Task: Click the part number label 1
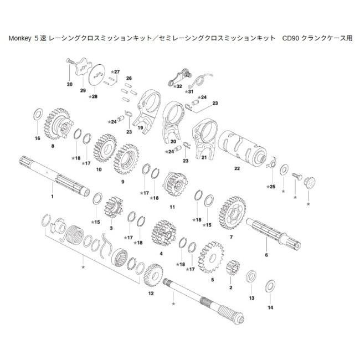pyautogui.click(x=52, y=197)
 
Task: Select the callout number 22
pyautogui.click(x=237, y=168)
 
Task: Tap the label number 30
pyautogui.click(x=69, y=84)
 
